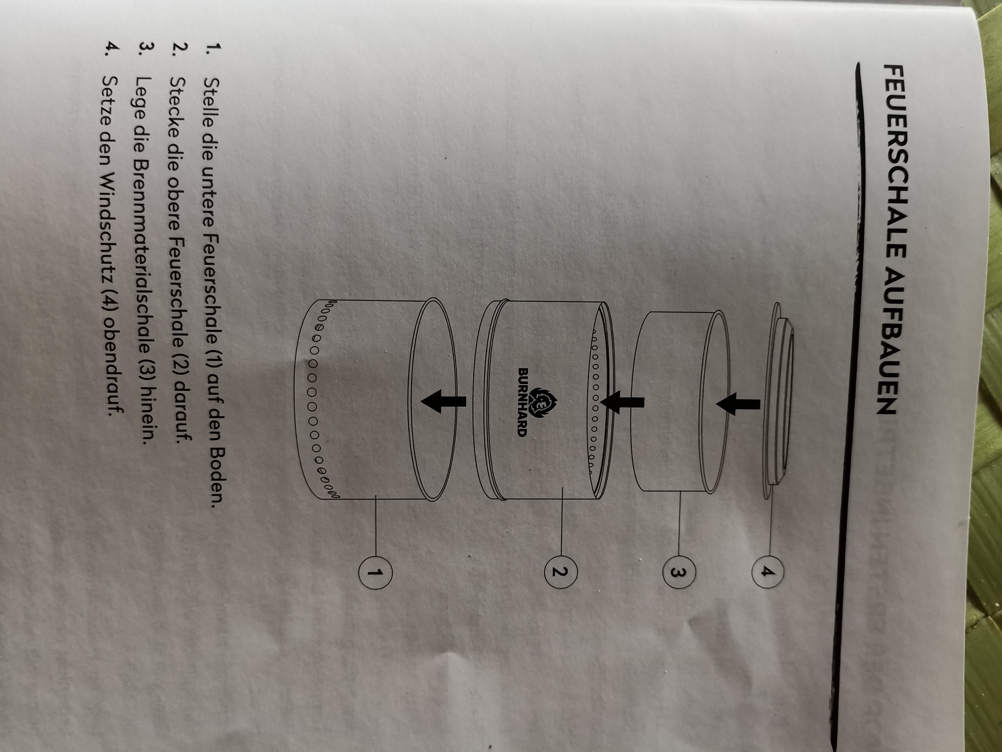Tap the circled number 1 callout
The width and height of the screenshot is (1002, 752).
point(375,573)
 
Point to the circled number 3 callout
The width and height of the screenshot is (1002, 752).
point(678,572)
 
